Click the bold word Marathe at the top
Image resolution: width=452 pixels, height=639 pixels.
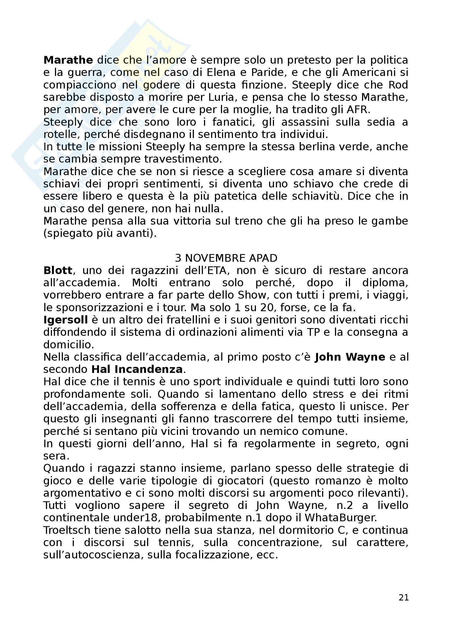click(68, 60)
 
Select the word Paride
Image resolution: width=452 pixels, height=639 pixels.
click(266, 72)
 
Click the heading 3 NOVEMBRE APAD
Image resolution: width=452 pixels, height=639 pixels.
click(226, 258)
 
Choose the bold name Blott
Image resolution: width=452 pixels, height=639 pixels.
click(58, 270)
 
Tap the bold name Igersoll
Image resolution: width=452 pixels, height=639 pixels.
click(65, 320)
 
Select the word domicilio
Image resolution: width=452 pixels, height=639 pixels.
click(69, 345)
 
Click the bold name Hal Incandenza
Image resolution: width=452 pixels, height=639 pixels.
click(137, 370)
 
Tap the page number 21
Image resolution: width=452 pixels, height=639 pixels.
click(404, 597)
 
